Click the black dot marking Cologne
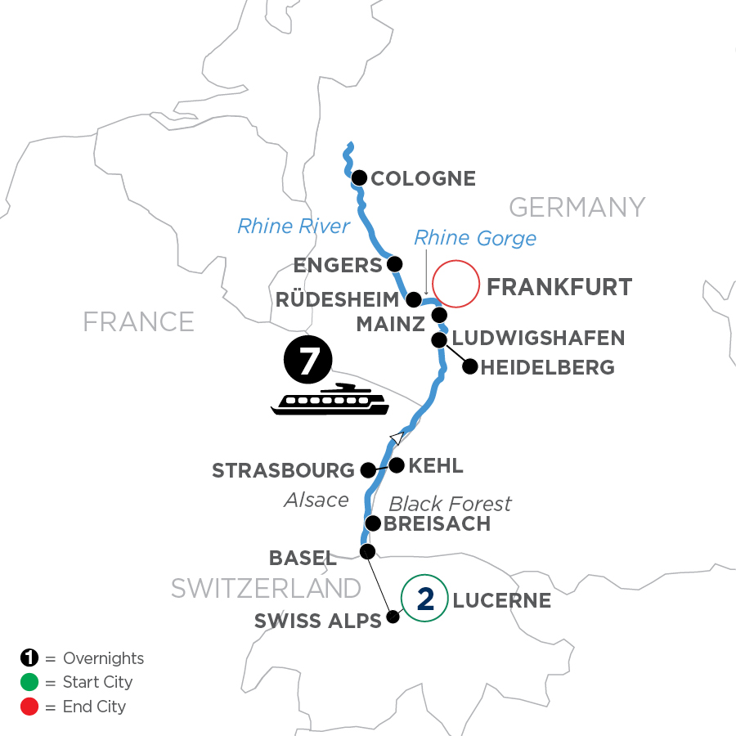tap(358, 177)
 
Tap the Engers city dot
tap(395, 264)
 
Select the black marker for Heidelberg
tap(469, 366)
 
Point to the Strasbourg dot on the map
tap(369, 470)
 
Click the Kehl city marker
tap(397, 465)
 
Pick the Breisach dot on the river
tap(373, 523)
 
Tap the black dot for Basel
tap(368, 550)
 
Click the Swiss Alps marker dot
tap(393, 617)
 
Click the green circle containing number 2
tap(424, 599)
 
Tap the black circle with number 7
tap(307, 361)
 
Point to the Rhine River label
tap(294, 226)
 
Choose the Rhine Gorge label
tap(475, 238)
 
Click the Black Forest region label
tap(450, 503)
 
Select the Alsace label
tap(316, 499)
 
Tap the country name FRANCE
tap(139, 321)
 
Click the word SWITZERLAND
tap(266, 587)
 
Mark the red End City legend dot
tap(29, 707)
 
